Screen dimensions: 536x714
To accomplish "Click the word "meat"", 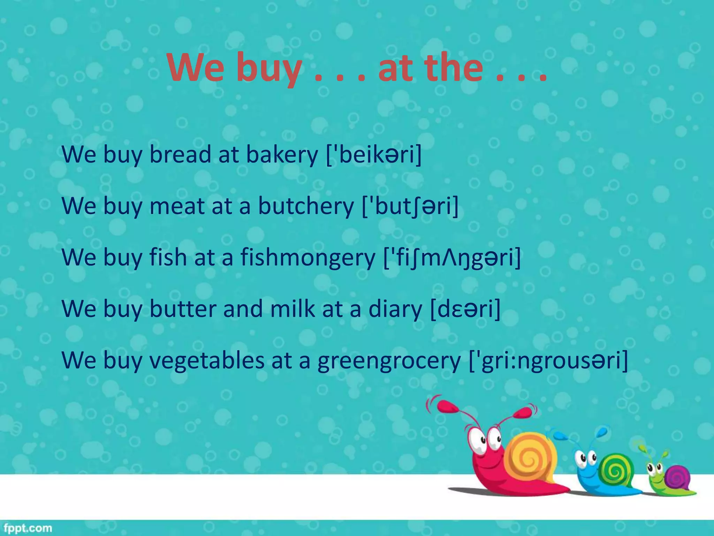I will [x=177, y=206].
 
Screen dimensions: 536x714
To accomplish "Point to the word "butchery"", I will [x=306, y=206].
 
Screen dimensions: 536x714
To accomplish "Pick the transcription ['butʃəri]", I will [x=410, y=206].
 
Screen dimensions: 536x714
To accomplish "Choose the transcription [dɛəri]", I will [x=465, y=308].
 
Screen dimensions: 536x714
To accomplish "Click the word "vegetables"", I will [x=207, y=360].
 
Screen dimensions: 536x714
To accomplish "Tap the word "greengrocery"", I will [x=389, y=360].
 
